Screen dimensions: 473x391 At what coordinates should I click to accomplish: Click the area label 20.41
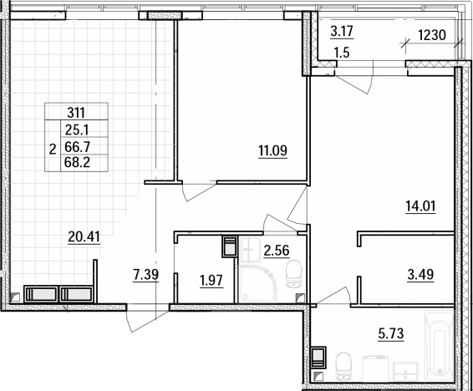pos(84,236)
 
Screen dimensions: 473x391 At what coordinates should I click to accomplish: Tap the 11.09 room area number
pos(272,150)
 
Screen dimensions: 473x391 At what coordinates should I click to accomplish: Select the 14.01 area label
pos(420,206)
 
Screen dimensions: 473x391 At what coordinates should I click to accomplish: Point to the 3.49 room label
pos(420,275)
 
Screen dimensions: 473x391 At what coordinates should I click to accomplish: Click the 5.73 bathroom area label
pos(391,333)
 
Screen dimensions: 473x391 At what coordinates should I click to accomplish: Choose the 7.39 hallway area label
pos(145,275)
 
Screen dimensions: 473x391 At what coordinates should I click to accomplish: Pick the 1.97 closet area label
pos(211,281)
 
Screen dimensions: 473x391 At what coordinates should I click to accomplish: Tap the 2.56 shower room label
pos(277,251)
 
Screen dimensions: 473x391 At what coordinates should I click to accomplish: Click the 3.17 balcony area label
pos(342,31)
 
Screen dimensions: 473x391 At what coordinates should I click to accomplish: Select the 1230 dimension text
pos(432,35)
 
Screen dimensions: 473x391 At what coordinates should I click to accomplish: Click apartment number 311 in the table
pos(76,113)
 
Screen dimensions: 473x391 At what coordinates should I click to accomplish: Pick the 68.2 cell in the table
pos(78,163)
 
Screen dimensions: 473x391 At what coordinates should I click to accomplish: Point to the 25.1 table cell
pos(77,130)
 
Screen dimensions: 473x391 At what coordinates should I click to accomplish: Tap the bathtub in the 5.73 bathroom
pos(439,346)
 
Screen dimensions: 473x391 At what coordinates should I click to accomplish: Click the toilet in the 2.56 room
pos(293,274)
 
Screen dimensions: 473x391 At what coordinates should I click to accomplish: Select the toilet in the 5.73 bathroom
pos(344,367)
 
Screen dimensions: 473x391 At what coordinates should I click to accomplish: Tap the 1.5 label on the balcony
pos(342,53)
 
